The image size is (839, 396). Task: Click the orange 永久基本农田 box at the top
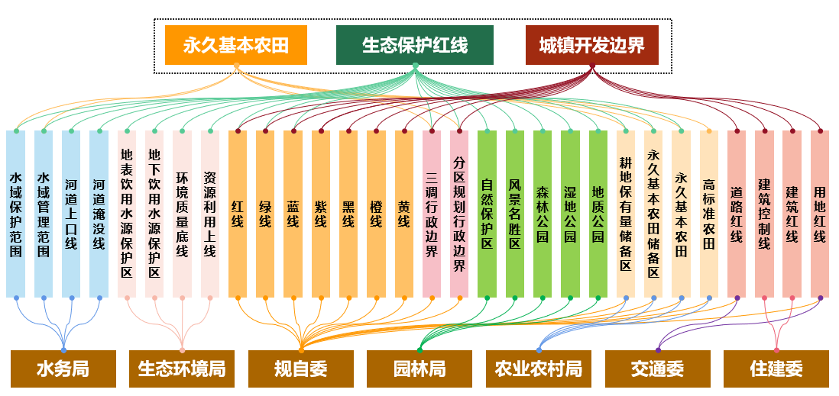235,45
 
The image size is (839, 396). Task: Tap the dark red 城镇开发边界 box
592,45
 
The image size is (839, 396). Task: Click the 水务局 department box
63,369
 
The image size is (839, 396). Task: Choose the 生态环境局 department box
182,369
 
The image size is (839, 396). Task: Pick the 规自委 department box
301,369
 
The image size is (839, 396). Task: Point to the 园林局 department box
419,369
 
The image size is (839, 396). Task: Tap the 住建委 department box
776,369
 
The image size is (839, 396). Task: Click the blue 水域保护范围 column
15,214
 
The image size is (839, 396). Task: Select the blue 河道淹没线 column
99,214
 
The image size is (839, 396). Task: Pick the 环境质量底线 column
182,214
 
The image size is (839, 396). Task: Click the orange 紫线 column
320,214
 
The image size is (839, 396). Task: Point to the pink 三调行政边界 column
432,214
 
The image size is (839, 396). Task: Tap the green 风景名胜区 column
514,214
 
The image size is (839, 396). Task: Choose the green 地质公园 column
598,214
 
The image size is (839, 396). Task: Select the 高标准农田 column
708,214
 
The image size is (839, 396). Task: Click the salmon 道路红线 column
737,214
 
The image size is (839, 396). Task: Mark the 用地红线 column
819,214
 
